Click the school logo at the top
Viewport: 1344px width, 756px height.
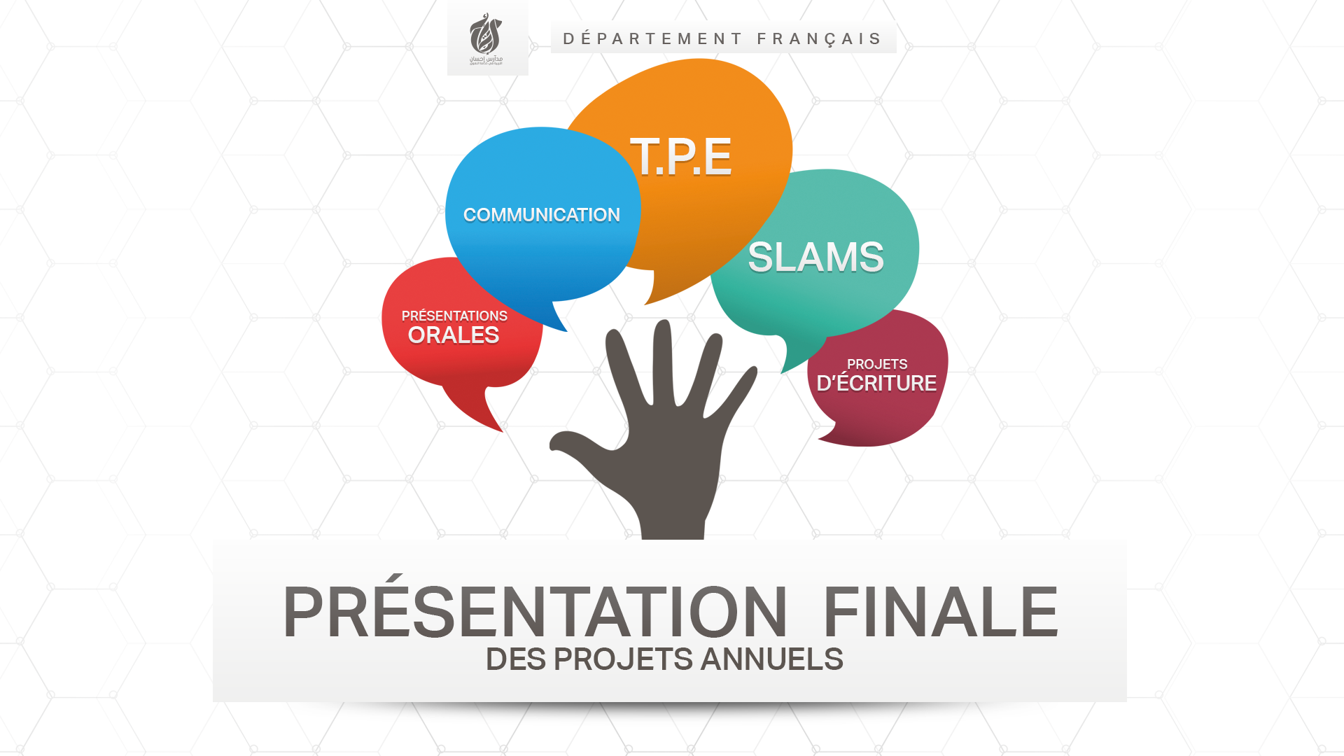click(487, 38)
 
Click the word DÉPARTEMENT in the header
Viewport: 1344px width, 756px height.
click(652, 38)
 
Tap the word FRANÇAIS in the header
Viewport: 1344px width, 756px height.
click(819, 38)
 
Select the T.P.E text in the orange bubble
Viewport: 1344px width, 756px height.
click(680, 156)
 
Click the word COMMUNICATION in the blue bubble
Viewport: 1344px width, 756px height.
click(541, 215)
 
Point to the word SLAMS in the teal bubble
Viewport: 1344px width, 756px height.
click(815, 257)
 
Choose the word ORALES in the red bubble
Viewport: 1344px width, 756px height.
click(454, 335)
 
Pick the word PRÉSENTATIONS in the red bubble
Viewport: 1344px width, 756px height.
click(454, 316)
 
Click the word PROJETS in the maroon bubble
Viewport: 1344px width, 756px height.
click(877, 364)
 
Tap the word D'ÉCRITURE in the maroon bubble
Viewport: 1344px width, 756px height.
click(876, 384)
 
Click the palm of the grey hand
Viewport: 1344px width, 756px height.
click(672, 455)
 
